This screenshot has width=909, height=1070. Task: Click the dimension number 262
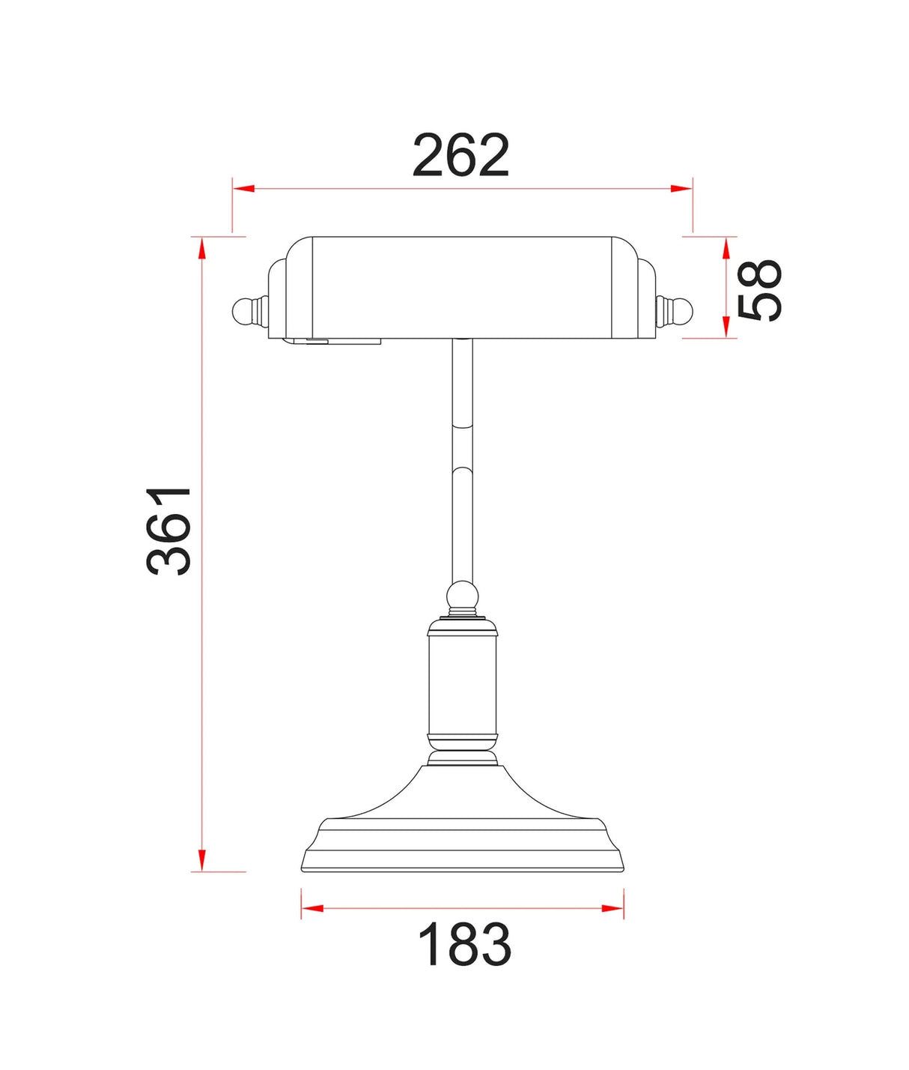[460, 156]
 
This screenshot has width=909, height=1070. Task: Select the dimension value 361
[168, 531]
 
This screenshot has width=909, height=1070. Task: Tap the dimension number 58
[759, 290]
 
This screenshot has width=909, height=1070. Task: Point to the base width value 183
[464, 945]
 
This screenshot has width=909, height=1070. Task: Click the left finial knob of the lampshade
[245, 311]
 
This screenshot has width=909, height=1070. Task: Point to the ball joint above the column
[462, 597]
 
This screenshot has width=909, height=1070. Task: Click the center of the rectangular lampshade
[462, 288]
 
